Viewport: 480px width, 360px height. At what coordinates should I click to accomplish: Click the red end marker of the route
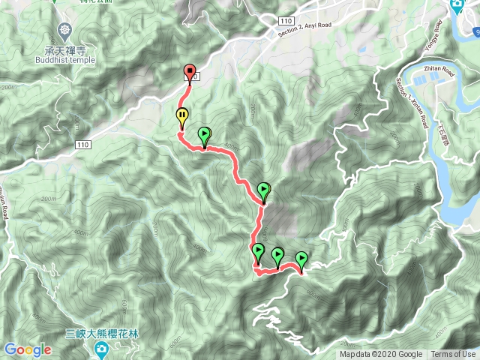point(189,71)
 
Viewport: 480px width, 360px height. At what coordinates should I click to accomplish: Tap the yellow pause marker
point(182,115)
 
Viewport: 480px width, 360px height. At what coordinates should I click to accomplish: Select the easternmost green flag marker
point(301,259)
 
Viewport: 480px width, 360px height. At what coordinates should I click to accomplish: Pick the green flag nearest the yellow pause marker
point(205,135)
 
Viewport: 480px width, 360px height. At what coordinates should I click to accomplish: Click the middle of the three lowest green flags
point(277,255)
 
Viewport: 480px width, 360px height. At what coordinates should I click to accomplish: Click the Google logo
point(27,349)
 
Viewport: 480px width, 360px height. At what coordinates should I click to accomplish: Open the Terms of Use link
point(453,355)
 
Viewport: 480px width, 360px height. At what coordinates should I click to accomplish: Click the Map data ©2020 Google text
point(381,355)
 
